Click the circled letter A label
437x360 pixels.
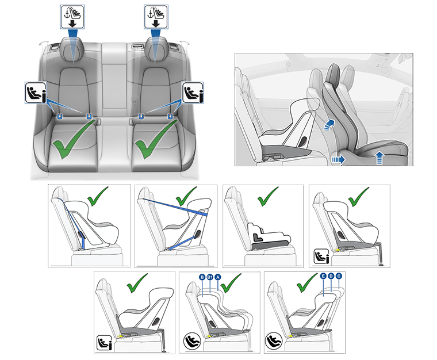(218, 277)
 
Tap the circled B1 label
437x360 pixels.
(210, 277)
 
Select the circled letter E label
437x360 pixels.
(324, 277)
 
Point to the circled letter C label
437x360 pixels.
(339, 277)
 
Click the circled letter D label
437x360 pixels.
(332, 277)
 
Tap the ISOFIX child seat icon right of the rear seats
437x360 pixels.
(193, 93)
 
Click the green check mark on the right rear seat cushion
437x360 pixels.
(155, 141)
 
